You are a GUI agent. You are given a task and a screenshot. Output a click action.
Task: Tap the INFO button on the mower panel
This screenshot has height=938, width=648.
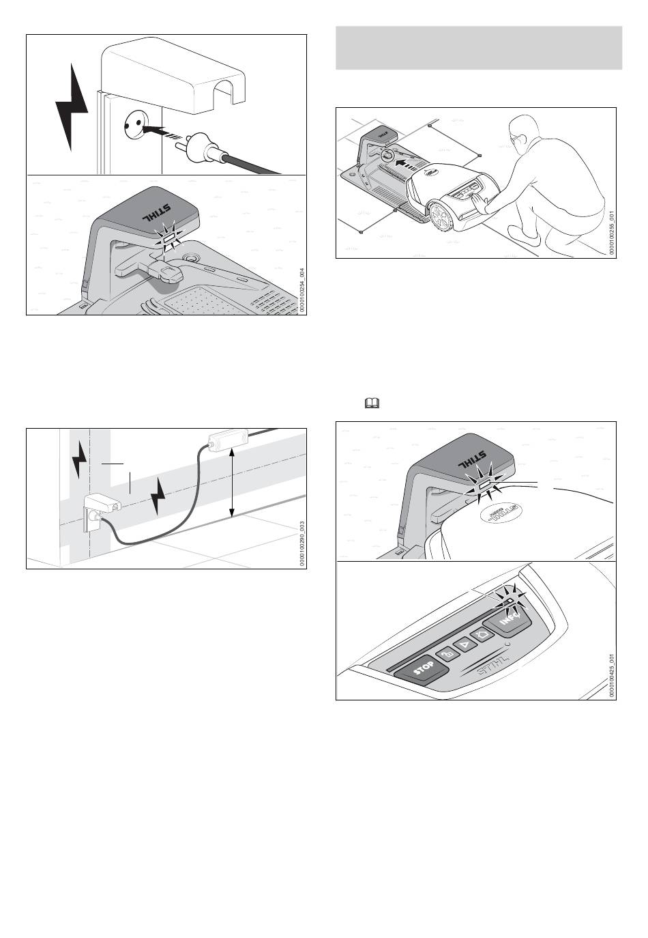pos(506,620)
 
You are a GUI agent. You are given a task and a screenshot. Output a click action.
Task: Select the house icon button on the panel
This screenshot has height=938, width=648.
pos(482,634)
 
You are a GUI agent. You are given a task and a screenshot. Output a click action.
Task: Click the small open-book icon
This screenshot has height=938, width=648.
pos(372,404)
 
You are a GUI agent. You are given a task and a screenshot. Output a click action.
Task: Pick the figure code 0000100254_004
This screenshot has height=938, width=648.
pos(301,289)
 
